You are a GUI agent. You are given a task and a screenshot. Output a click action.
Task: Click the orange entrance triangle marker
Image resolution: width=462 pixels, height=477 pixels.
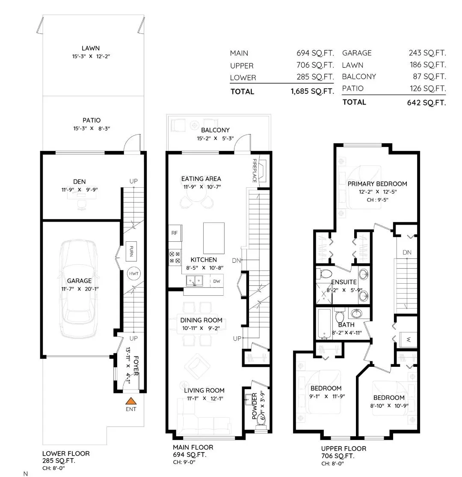click(131, 401)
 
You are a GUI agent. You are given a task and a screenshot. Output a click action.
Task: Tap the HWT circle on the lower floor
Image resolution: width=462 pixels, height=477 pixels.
click(133, 273)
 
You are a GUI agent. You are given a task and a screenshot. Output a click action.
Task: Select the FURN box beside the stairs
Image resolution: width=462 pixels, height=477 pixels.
click(131, 251)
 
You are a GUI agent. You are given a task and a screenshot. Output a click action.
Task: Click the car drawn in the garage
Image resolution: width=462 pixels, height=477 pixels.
click(79, 289)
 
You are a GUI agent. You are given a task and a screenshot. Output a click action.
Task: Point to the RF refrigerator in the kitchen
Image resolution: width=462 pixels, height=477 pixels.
click(175, 233)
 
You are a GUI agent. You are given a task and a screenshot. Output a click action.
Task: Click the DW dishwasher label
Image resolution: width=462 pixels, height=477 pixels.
click(217, 281)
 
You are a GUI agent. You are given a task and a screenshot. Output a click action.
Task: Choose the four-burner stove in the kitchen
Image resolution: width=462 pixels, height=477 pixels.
click(175, 258)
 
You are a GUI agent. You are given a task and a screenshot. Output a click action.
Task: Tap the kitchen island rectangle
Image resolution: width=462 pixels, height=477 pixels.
click(214, 238)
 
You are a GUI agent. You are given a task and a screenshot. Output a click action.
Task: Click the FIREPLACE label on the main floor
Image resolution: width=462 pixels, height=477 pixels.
click(255, 171)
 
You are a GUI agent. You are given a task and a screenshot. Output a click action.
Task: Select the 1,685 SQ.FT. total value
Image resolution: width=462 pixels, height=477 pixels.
click(312, 91)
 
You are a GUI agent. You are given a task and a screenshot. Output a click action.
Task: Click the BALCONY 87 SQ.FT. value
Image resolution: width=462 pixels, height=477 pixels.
click(429, 76)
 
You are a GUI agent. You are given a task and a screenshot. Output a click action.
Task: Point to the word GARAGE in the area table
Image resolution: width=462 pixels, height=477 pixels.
click(357, 53)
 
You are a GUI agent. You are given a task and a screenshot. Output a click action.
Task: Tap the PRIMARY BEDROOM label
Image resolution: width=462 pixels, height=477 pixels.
click(377, 184)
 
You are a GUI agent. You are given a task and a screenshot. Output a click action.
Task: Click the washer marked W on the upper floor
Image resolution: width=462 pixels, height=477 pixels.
click(408, 339)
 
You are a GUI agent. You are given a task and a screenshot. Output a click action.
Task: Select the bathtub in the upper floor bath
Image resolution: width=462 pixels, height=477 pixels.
click(325, 324)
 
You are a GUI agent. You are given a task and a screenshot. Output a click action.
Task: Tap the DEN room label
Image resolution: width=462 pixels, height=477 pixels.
click(79, 182)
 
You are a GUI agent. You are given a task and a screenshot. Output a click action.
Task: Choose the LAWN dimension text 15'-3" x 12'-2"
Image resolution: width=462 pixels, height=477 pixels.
click(91, 56)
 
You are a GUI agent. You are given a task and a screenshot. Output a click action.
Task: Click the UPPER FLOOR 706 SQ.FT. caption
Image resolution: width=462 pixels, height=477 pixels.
click(344, 452)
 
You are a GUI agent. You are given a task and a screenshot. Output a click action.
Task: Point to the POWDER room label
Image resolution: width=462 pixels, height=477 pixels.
click(255, 406)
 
